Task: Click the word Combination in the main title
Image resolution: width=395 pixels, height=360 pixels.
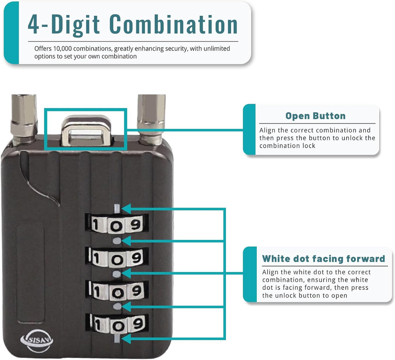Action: [174, 24]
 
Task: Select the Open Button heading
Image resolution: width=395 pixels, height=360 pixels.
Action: [315, 116]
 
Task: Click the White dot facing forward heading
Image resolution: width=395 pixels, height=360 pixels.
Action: [324, 259]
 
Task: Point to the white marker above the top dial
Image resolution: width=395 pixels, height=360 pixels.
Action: [117, 208]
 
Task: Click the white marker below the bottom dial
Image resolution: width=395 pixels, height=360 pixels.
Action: [117, 338]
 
